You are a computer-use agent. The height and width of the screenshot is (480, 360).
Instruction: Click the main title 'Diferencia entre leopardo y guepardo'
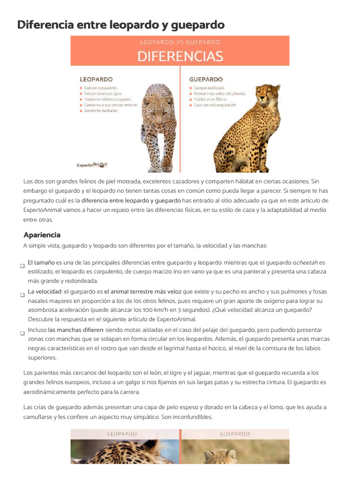[121, 24]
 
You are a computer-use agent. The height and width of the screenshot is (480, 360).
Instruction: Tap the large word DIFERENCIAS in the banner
[180, 57]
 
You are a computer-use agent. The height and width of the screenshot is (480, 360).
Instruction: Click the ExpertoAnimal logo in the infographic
[92, 165]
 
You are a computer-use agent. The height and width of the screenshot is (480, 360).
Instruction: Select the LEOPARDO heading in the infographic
[96, 79]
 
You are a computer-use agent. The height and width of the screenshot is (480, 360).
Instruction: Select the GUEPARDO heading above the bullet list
[206, 79]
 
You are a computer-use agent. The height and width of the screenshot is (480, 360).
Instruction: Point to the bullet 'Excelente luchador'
[101, 111]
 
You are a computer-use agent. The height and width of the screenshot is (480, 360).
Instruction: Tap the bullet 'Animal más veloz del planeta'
[219, 93]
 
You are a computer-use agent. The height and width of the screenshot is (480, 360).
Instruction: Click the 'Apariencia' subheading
[42, 235]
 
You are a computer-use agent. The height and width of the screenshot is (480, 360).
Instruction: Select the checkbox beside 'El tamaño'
[22, 266]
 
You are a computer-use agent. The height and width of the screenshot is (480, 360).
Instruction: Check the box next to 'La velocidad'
[22, 295]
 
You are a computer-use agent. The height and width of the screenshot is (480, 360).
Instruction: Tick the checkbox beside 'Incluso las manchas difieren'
[22, 333]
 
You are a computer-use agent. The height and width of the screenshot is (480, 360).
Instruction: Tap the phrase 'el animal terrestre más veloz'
[142, 292]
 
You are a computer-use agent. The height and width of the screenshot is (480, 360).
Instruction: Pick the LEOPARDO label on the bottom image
[122, 434]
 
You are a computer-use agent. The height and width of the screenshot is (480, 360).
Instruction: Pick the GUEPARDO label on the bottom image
[235, 434]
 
